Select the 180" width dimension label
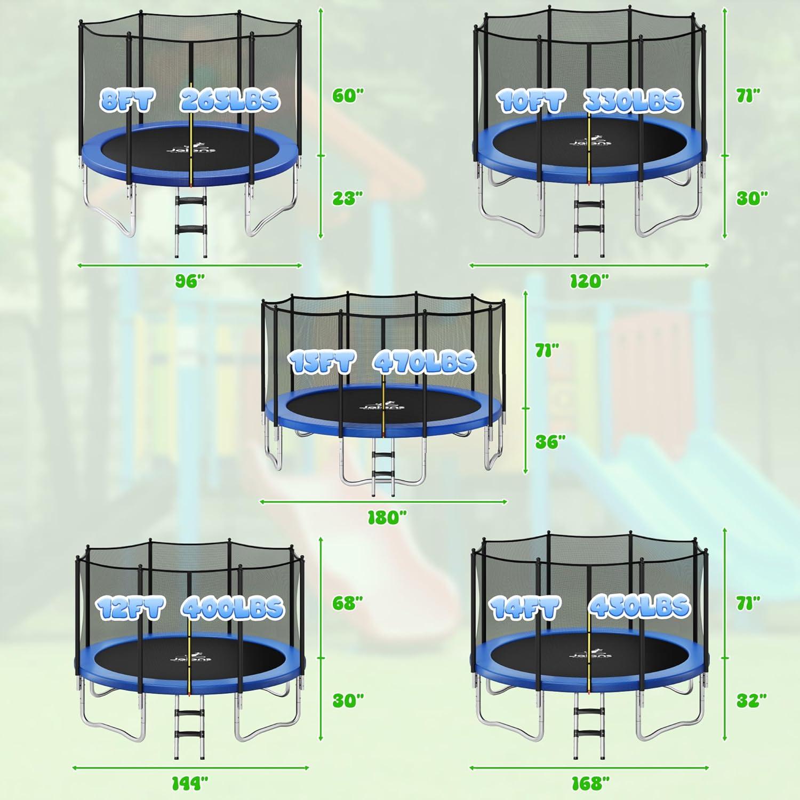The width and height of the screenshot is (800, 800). coord(387,517)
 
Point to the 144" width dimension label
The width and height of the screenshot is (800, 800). coord(189,783)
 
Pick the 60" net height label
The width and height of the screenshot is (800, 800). coord(348,95)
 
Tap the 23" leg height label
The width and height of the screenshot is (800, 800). coord(348,198)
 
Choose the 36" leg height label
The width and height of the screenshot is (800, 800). coord(550,442)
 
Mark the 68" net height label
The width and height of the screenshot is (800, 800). coord(348,603)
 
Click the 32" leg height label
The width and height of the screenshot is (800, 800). coord(751,700)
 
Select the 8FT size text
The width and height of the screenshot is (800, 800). coord(127,100)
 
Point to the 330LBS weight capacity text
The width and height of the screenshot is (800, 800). coord(633,100)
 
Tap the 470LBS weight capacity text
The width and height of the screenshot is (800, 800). coord(424,362)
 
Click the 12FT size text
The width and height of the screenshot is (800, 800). coord(130,608)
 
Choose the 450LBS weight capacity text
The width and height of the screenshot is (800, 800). coord(639,606)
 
